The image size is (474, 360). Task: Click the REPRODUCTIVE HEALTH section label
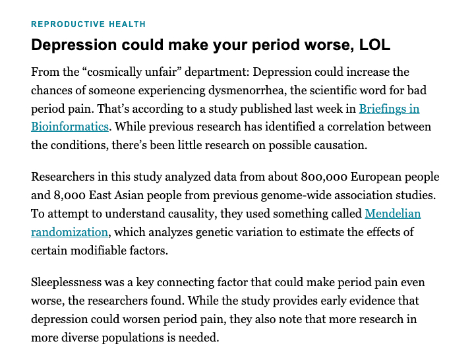[x=88, y=24]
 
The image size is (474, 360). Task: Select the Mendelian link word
[x=392, y=213]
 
